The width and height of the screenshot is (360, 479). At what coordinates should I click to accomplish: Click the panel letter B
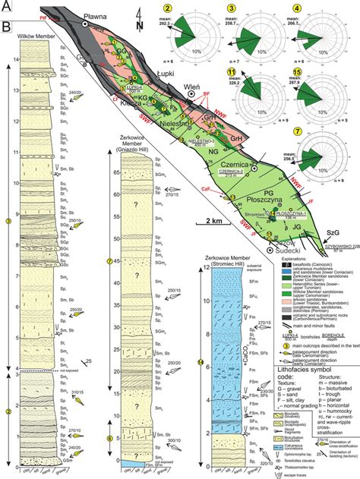coord(7,30)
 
